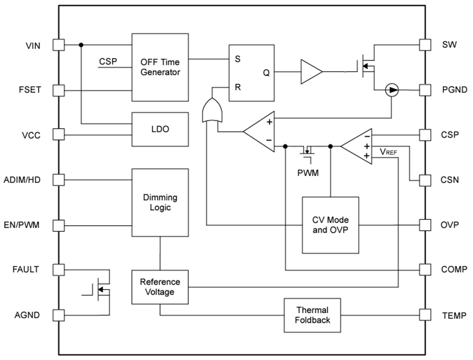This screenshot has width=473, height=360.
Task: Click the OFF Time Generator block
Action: pyautogui.click(x=160, y=67)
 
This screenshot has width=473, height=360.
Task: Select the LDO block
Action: pyautogui.click(x=160, y=129)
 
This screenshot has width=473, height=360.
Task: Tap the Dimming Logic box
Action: pyautogui.click(x=160, y=202)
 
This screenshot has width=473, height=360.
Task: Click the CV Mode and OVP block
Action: pyautogui.click(x=330, y=225)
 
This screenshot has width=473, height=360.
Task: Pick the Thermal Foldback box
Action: pyautogui.click(x=312, y=315)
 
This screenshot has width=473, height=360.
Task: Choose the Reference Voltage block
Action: pyautogui.click(x=160, y=287)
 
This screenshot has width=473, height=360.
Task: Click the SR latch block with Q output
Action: pyautogui.click(x=251, y=73)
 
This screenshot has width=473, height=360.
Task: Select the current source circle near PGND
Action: pyautogui.click(x=392, y=90)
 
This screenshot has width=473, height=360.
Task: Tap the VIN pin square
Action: pyautogui.click(x=58, y=45)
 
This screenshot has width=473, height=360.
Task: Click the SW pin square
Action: pyautogui.click(x=425, y=45)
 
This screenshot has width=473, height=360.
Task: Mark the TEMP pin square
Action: pyautogui.click(x=425, y=315)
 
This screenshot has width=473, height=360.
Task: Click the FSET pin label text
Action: pyautogui.click(x=29, y=90)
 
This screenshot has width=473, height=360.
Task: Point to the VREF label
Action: pyautogui.click(x=388, y=152)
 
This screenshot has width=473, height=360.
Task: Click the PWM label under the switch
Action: pyautogui.click(x=308, y=174)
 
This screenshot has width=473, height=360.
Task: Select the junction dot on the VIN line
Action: pyautogui.click(x=81, y=45)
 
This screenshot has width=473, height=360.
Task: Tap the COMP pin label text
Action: pyautogui.click(x=454, y=270)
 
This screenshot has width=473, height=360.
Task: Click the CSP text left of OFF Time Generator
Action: pyautogui.click(x=108, y=61)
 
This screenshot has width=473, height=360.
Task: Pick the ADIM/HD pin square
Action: pyautogui.click(x=58, y=180)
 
